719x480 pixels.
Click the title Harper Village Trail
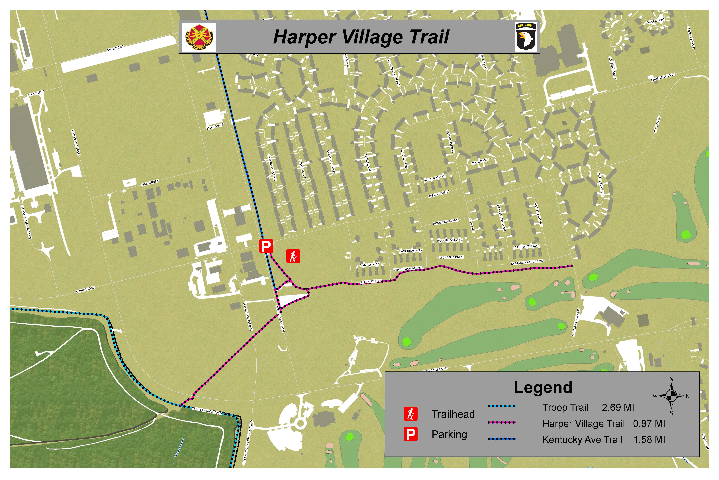(x=361, y=37)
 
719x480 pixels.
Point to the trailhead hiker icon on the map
(x=293, y=256)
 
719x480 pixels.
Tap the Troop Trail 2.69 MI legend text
(x=588, y=407)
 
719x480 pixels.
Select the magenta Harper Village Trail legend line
(x=501, y=422)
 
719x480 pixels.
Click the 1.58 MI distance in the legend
(x=649, y=440)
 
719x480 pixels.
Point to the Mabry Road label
(x=85, y=290)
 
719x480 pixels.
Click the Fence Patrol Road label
(x=207, y=411)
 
